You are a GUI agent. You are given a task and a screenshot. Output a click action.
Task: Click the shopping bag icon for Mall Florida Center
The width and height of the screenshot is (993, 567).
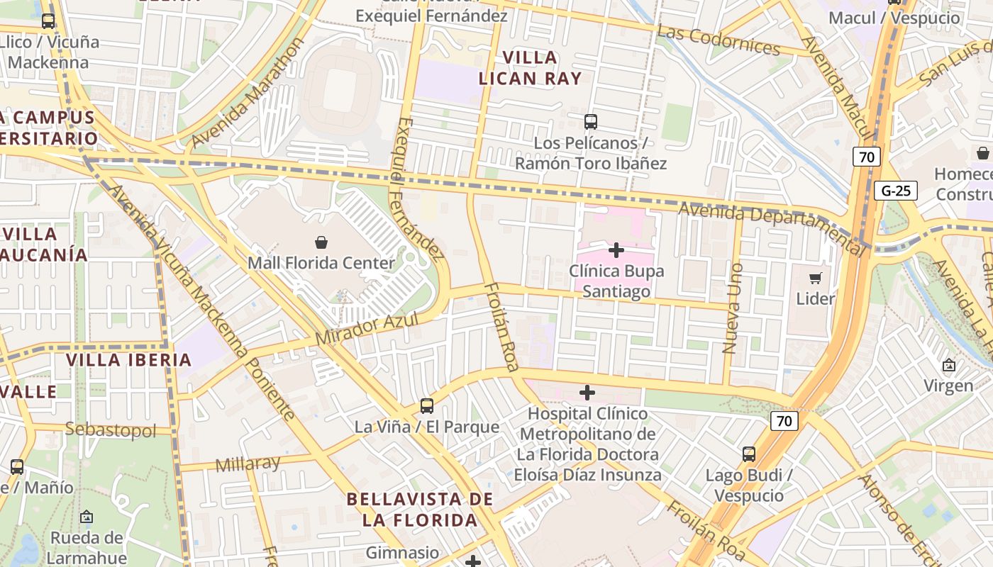[321, 242]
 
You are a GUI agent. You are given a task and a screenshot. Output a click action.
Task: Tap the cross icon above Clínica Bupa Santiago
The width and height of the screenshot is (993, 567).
[616, 249]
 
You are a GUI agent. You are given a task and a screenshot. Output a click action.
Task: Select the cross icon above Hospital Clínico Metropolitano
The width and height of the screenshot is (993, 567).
[587, 392]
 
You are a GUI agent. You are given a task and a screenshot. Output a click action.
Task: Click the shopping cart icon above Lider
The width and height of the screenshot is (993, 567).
[815, 278]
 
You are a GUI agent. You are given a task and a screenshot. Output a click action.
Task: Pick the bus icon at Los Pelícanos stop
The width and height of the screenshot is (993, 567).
[590, 121]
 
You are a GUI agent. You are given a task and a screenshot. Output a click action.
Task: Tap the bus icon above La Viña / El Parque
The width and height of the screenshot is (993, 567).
[426, 405]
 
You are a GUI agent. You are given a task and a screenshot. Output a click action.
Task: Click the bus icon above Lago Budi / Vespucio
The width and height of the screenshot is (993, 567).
[748, 454]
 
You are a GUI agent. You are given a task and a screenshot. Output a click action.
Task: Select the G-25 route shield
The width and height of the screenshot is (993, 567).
[896, 191]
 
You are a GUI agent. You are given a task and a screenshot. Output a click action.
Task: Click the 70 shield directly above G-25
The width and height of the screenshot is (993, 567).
[867, 157]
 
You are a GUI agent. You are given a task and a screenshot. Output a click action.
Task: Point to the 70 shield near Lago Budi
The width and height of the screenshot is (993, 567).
[784, 421]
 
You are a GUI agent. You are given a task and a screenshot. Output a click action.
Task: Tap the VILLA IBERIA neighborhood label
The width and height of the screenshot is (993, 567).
[129, 359]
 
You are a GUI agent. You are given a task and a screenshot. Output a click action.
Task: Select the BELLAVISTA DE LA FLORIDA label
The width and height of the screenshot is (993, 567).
[419, 509]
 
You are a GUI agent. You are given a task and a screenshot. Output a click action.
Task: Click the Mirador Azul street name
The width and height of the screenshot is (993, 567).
[366, 329]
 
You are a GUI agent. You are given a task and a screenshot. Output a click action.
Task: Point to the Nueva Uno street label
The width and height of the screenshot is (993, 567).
[732, 308]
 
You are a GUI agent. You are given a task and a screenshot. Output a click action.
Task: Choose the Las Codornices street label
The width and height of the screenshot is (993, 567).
[718, 40]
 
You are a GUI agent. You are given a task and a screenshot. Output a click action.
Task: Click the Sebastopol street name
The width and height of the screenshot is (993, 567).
[110, 430]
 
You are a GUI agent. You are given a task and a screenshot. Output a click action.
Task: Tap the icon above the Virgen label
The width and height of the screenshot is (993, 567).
[948, 366]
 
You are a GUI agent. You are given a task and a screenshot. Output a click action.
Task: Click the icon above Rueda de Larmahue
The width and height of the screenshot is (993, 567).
[87, 517]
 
